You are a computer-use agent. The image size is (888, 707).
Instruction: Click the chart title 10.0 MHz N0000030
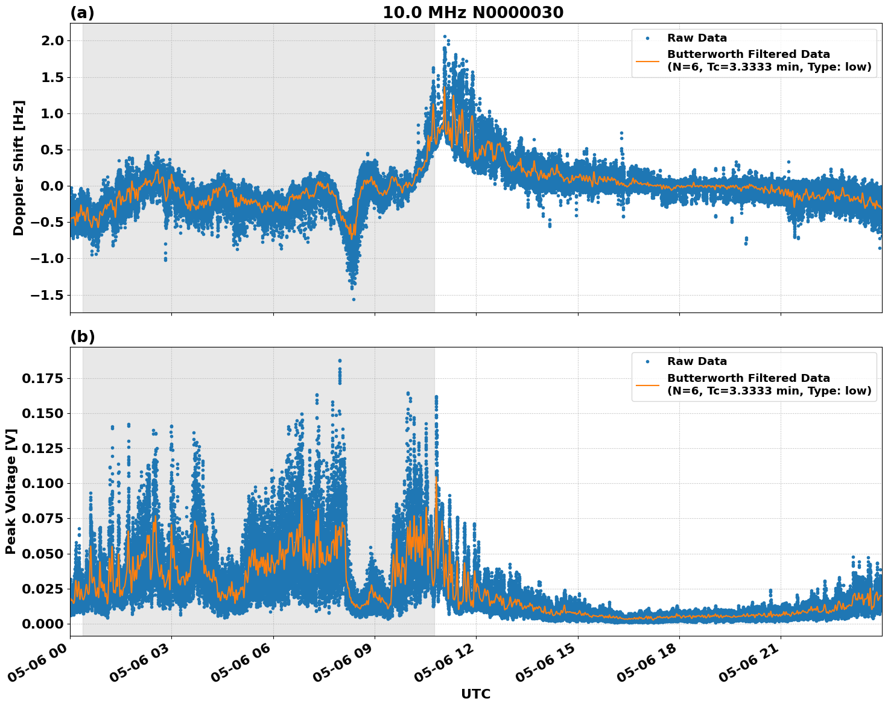[472, 13]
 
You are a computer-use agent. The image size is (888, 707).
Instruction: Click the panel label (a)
[82, 13]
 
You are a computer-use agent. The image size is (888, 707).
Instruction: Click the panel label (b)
[82, 337]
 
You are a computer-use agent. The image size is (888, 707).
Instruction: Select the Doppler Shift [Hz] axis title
[19, 168]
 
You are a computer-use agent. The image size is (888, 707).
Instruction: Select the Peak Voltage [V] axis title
[11, 491]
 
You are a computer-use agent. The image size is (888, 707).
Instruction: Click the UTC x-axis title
[475, 694]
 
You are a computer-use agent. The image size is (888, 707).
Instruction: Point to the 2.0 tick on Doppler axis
[51, 41]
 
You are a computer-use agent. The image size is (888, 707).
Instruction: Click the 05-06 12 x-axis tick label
[445, 667]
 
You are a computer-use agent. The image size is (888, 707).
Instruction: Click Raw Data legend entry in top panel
[697, 39]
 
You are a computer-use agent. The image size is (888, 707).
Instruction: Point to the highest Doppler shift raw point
[445, 37]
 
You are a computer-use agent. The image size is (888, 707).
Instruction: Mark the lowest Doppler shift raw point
[354, 299]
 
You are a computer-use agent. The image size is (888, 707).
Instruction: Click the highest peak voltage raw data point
[340, 361]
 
